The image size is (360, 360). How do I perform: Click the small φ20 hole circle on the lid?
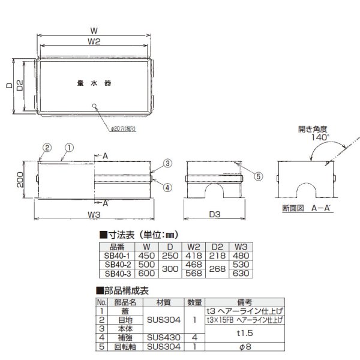(x=94, y=106)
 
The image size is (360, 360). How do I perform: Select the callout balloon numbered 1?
(x=69, y=146)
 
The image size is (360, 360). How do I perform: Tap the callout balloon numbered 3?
(x=168, y=163)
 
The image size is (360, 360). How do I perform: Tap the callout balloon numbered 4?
(x=168, y=187)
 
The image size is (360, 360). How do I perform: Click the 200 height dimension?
(x=19, y=179)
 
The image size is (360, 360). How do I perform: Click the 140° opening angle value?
(x=321, y=137)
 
